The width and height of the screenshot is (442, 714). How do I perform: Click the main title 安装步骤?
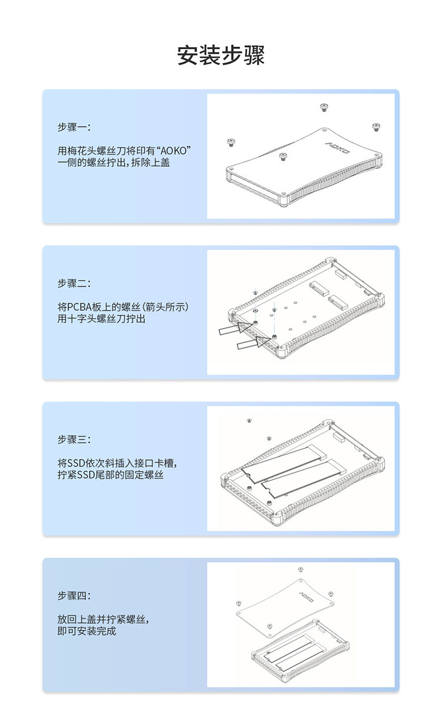[x=220, y=55]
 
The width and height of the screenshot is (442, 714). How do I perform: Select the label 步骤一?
[x=74, y=127]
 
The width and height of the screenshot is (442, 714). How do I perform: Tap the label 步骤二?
[x=74, y=283]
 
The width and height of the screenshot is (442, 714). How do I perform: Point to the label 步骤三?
[x=74, y=439]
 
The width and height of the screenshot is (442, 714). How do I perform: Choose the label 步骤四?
[x=74, y=596]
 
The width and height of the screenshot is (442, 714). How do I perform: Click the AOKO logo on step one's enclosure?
[x=338, y=148]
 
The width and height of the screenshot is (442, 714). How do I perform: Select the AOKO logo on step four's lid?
[x=306, y=597]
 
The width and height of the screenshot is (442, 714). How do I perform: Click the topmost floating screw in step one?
[x=324, y=107]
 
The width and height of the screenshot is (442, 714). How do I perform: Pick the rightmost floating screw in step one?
[x=377, y=127]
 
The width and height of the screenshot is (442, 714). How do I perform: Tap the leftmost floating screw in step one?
[x=231, y=143]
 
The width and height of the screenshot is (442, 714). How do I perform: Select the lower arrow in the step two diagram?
[x=254, y=343]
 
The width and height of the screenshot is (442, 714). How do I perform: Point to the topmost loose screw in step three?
[x=249, y=421]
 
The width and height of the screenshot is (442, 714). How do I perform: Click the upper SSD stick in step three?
[x=284, y=464]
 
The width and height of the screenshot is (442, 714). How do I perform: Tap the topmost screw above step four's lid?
[x=300, y=569]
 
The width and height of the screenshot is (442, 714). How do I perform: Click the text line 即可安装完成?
[x=87, y=631]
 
